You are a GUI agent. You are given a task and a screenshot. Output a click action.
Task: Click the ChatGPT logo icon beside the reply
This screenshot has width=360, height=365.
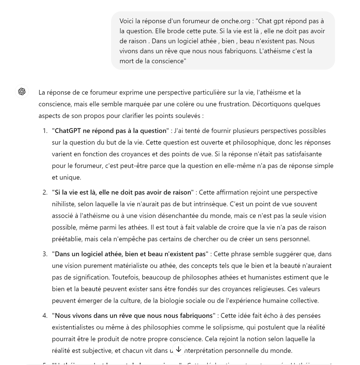tap(22, 92)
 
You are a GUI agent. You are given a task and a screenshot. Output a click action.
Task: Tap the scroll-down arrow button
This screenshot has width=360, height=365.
tap(179, 350)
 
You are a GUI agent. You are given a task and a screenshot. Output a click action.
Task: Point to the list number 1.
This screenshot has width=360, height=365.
tap(45, 131)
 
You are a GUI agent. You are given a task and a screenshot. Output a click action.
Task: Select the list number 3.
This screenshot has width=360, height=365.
tap(45, 254)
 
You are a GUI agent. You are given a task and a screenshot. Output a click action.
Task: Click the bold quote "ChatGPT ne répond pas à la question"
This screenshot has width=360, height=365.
tap(110, 131)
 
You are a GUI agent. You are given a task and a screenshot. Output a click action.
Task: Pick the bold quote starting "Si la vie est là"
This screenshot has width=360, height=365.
tap(123, 192)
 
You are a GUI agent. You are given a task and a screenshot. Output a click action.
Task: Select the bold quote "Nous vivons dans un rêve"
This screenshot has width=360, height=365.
tap(134, 316)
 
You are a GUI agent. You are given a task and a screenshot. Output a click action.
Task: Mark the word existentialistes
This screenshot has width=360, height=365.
tap(74, 327)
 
